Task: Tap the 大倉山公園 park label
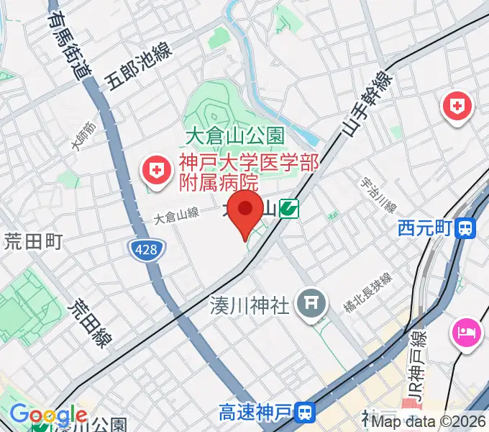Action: pyautogui.click(x=234, y=135)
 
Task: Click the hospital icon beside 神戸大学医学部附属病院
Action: pyautogui.click(x=155, y=171)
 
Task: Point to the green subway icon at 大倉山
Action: pyautogui.click(x=290, y=209)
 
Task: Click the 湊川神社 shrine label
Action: pyautogui.click(x=250, y=305)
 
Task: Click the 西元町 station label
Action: pyautogui.click(x=424, y=229)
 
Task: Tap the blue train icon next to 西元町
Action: pyautogui.click(x=466, y=229)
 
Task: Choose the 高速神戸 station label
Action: pyautogui.click(x=255, y=413)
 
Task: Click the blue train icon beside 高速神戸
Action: pyautogui.click(x=306, y=413)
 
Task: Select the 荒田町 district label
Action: pyautogui.click(x=34, y=240)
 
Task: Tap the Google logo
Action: pyautogui.click(x=48, y=415)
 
